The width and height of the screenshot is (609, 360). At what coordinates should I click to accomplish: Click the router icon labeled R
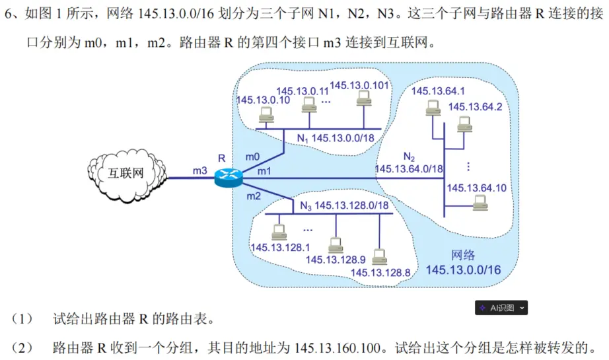tap(229, 177)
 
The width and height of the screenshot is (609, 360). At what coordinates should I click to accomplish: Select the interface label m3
tap(200, 170)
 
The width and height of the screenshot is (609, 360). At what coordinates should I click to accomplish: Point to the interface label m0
tap(252, 157)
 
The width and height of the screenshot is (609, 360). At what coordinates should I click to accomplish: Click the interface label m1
tap(264, 171)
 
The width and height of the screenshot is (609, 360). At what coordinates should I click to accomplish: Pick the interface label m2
tap(254, 196)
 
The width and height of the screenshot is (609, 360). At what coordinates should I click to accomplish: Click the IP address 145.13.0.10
tap(263, 100)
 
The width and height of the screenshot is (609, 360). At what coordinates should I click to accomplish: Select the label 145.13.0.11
tap(303, 90)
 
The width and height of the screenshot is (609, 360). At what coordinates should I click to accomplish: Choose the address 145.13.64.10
tap(477, 188)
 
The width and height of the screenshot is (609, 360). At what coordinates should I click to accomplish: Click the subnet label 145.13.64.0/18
tap(409, 168)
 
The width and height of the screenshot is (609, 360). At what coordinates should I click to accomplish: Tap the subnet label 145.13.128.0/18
tap(351, 205)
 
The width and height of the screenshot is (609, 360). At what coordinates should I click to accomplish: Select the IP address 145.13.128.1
tap(281, 247)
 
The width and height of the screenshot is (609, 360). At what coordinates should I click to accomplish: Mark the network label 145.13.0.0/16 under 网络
tap(464, 270)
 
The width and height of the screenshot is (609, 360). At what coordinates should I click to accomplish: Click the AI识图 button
tap(501, 308)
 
